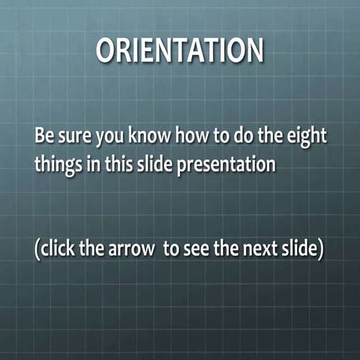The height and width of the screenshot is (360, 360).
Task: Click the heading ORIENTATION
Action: [x=180, y=51]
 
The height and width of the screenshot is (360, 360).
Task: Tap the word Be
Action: [x=43, y=138]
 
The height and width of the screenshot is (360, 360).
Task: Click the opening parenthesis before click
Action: [x=37, y=250]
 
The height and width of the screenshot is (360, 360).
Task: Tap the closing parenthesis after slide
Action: [x=320, y=250]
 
